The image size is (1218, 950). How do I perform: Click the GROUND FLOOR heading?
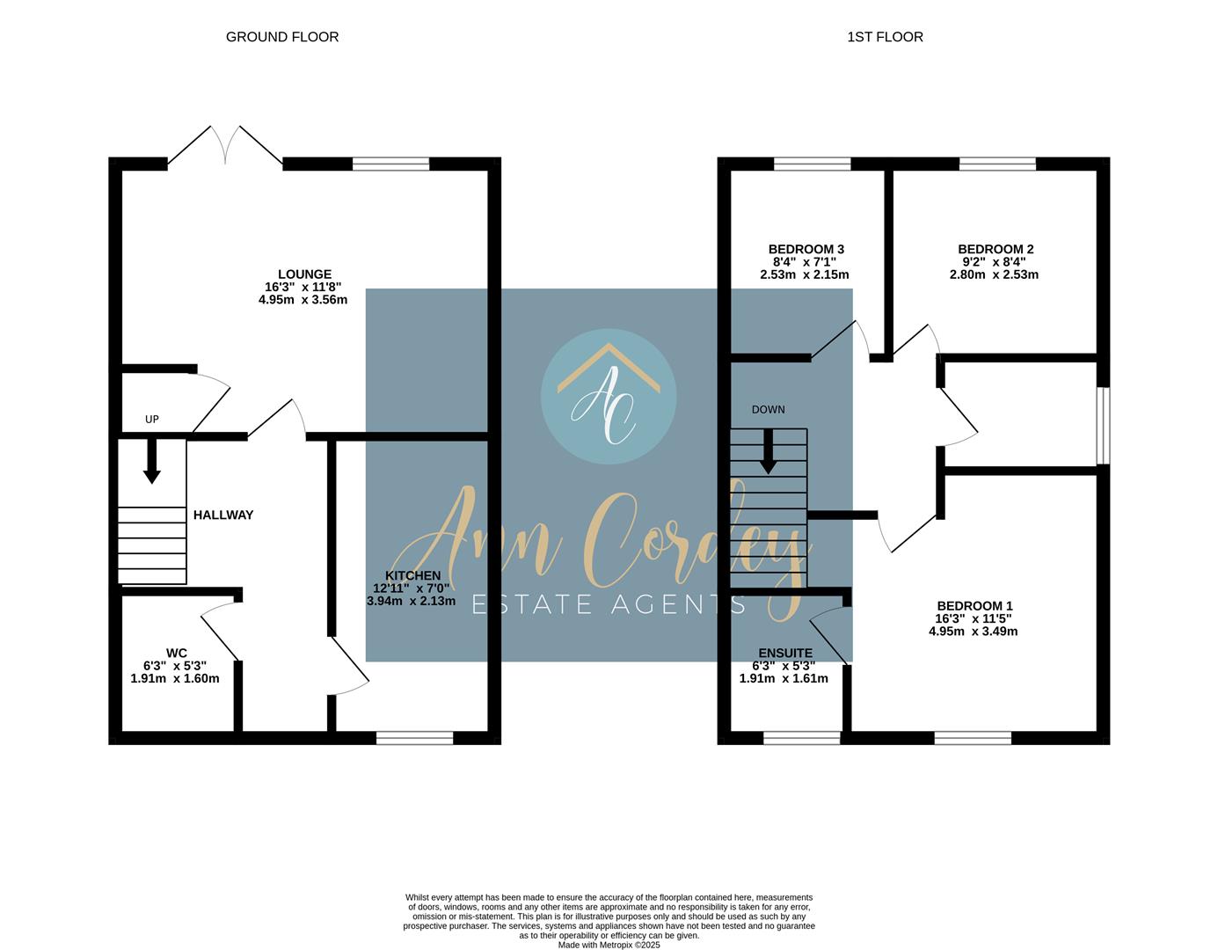tap(282, 37)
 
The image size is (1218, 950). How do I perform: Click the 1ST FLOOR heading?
tap(885, 37)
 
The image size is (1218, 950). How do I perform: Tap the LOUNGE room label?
tap(304, 274)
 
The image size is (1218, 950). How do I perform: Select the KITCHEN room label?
tap(412, 576)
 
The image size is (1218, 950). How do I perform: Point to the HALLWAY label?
tap(223, 515)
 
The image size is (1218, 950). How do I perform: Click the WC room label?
tap(176, 653)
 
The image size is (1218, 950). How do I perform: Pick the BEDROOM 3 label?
tap(806, 250)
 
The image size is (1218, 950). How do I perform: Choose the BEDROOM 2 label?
tap(996, 250)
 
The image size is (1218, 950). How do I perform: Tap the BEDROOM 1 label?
tap(974, 606)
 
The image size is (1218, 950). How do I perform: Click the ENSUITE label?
tap(785, 653)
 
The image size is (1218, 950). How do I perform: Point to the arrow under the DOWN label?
tap(769, 451)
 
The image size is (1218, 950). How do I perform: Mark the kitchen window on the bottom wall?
tap(414, 738)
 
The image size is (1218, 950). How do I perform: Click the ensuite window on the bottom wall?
tap(801, 738)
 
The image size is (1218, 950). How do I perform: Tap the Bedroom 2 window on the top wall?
tap(997, 164)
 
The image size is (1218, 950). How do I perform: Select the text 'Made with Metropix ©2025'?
tap(609, 945)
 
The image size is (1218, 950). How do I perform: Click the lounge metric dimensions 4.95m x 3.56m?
tap(303, 299)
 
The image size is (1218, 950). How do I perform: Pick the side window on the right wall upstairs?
tap(1103, 425)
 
